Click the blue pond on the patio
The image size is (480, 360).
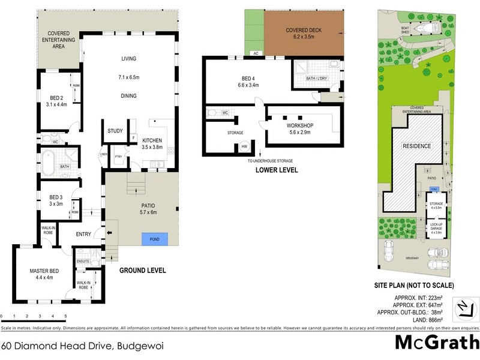(154, 238)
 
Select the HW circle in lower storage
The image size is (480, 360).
(244, 146)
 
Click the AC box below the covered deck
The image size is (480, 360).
(256, 53)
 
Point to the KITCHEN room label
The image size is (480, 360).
(153, 140)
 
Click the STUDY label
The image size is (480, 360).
(115, 131)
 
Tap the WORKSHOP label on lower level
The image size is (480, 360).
(300, 125)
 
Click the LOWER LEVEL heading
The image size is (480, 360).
(277, 170)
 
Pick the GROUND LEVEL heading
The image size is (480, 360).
(142, 271)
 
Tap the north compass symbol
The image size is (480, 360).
(463, 307)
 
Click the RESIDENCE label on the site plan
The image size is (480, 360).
(416, 145)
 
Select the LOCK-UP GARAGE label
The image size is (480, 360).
(436, 226)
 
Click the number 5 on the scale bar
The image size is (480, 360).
(65, 316)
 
